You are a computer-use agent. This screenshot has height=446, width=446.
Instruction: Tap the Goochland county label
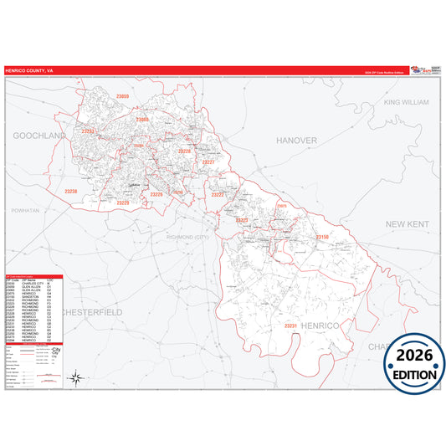(x=38, y=135)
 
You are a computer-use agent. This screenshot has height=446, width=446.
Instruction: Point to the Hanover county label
(x=298, y=140)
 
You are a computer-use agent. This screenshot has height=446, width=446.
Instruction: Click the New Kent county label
(x=407, y=225)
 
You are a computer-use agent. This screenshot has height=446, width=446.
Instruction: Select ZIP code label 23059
(x=123, y=97)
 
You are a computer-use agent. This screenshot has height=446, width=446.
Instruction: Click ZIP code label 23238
(x=71, y=192)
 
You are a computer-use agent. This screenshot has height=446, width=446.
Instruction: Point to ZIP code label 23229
(x=123, y=202)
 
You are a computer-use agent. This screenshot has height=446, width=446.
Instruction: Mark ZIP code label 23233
(x=87, y=131)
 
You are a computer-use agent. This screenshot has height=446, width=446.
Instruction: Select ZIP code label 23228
(x=185, y=151)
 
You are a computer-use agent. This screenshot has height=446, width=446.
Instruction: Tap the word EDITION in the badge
(x=414, y=376)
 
